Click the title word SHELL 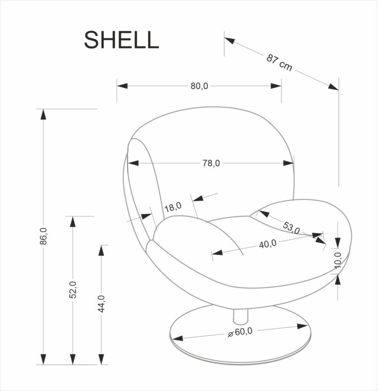tap(121, 40)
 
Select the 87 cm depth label tap(279, 63)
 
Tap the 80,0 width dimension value tap(199, 86)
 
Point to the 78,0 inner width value tap(211, 163)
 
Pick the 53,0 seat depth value tap(292, 227)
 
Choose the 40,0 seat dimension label tap(267, 244)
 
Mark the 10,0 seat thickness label tap(337, 260)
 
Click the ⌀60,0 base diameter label tap(241, 332)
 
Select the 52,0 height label tap(73, 289)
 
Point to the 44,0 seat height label tap(102, 304)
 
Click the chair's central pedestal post tap(241, 314)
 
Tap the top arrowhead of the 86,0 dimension tap(43, 114)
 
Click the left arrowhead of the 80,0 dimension tap(122, 86)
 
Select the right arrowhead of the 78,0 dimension tap(289, 163)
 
